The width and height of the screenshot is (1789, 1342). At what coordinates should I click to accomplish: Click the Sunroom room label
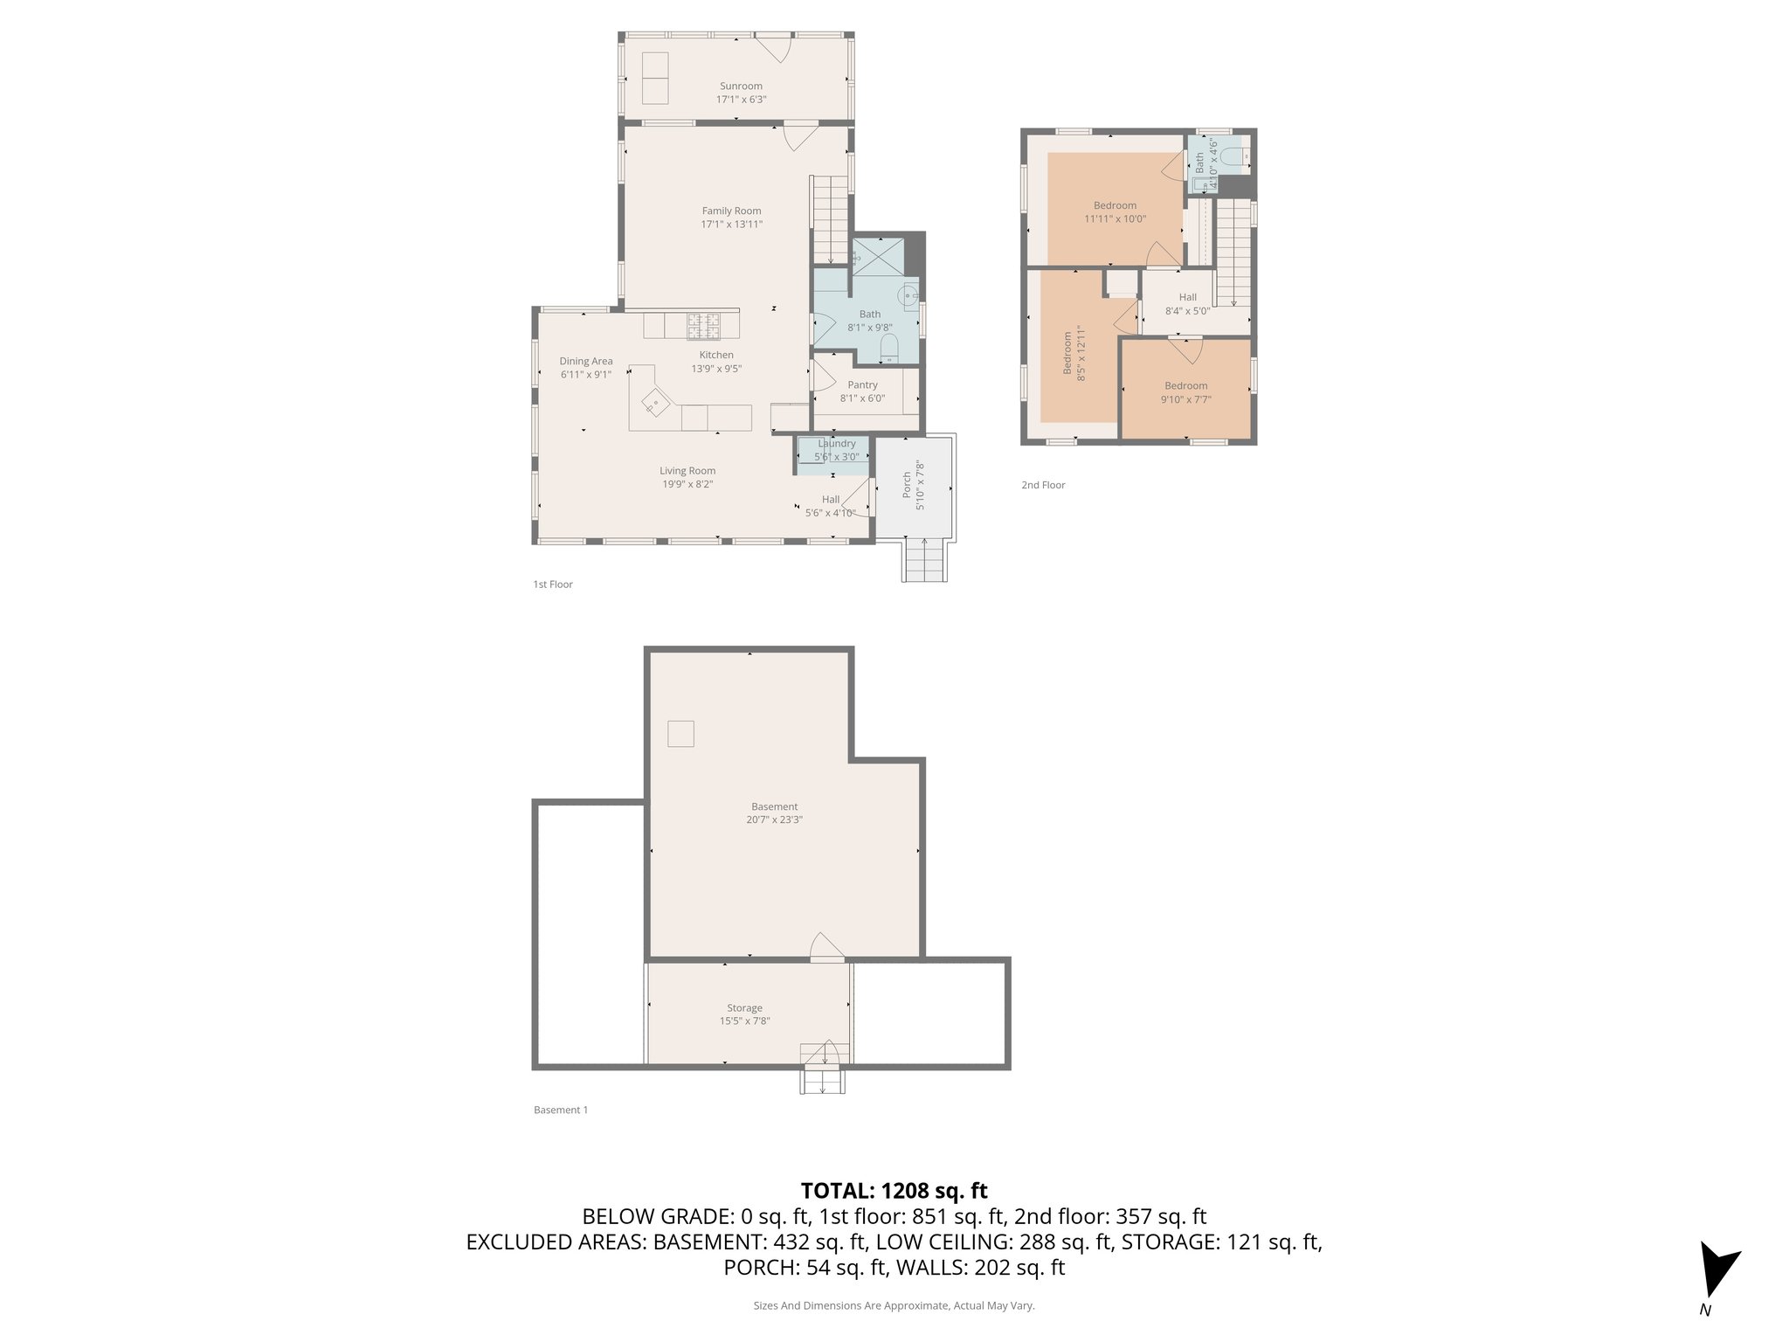(x=741, y=86)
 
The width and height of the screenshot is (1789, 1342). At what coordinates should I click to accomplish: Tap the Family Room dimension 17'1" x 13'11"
(x=731, y=225)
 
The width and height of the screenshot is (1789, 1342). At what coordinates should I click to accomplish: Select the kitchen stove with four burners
(x=703, y=326)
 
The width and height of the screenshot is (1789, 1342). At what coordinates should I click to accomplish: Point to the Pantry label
(x=862, y=385)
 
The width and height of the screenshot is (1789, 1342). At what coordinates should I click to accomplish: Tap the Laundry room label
(x=836, y=444)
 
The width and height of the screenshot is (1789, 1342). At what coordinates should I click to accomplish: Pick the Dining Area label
(x=585, y=361)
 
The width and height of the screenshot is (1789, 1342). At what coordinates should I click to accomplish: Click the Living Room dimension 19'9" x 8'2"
(x=687, y=484)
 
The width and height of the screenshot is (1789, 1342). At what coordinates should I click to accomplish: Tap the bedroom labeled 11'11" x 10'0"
(x=1115, y=212)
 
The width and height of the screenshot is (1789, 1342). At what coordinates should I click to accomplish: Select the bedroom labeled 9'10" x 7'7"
(x=1185, y=392)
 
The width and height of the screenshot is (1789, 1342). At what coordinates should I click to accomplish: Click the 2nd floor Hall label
(x=1187, y=297)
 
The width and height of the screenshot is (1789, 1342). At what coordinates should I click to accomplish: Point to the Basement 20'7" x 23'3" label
(x=774, y=813)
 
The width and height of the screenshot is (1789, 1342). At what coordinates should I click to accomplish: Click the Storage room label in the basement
(x=744, y=1008)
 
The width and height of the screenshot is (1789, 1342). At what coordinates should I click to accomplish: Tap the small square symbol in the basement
(x=680, y=734)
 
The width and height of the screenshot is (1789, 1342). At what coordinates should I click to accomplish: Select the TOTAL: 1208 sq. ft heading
(x=894, y=1191)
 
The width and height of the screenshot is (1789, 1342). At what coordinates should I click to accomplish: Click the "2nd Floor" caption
(x=1043, y=485)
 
